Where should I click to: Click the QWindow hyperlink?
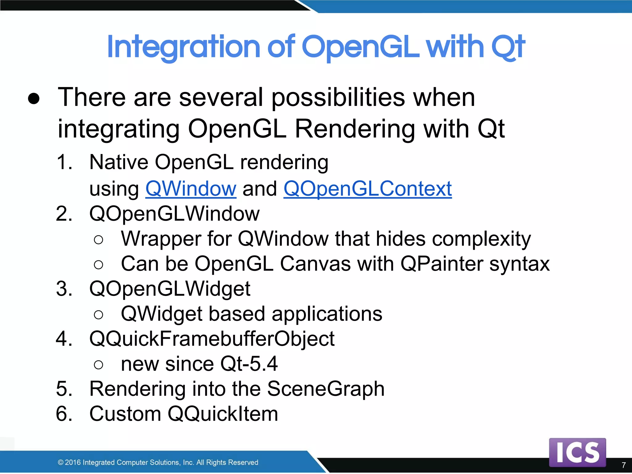pyautogui.click(x=191, y=189)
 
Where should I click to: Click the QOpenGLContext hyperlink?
pyautogui.click(x=368, y=189)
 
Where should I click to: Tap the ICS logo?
pyautogui.click(x=577, y=452)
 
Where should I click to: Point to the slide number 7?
pyautogui.click(x=624, y=465)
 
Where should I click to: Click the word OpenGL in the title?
pyautogui.click(x=360, y=47)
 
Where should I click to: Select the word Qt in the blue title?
pyautogui.click(x=508, y=47)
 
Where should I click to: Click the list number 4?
pyautogui.click(x=64, y=339)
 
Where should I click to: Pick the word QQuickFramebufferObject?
pyautogui.click(x=212, y=339)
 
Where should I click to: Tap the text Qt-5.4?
pyautogui.click(x=249, y=364)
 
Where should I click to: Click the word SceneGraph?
pyautogui.click(x=326, y=389)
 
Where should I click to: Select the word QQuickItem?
pyautogui.click(x=222, y=414)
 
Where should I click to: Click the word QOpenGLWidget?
pyautogui.click(x=170, y=289)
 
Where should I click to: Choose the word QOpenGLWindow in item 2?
pyautogui.click(x=174, y=214)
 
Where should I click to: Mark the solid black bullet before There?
pyautogui.click(x=34, y=98)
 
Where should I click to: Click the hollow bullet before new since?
pyautogui.click(x=98, y=365)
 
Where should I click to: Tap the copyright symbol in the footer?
pyautogui.click(x=60, y=462)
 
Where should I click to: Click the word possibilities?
pyautogui.click(x=338, y=98)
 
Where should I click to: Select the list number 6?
pyautogui.click(x=64, y=414)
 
